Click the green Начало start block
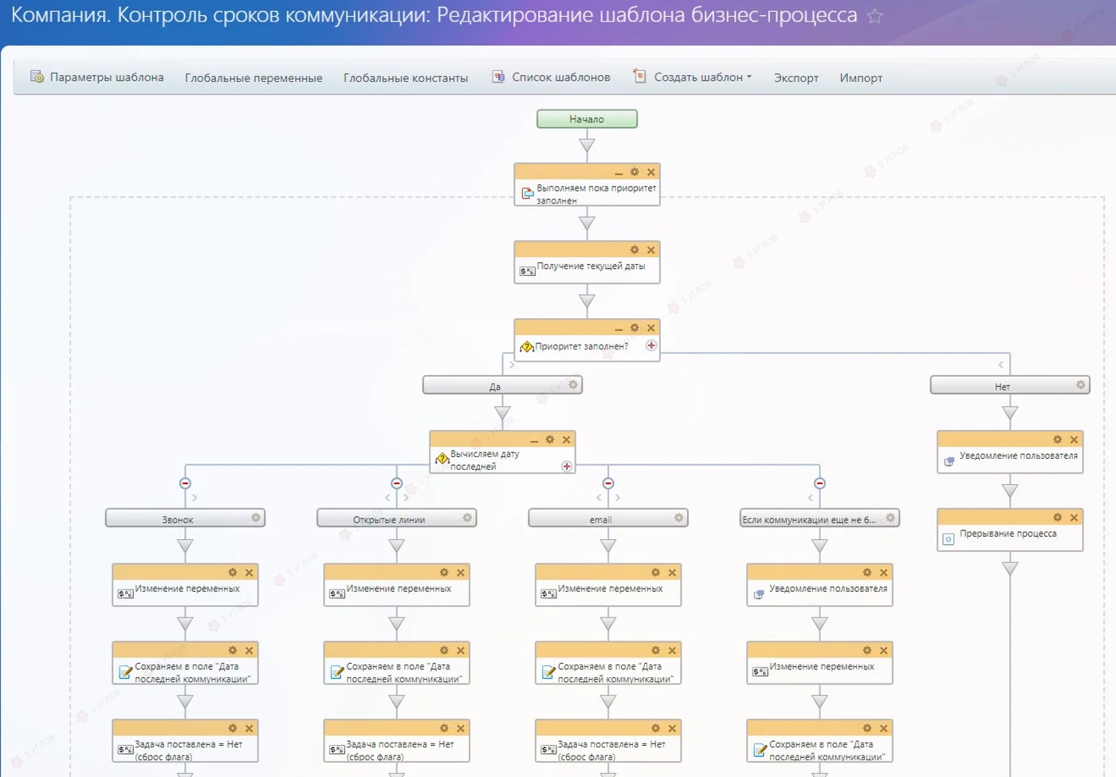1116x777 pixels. [x=587, y=119]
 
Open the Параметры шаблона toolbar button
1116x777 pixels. [x=97, y=77]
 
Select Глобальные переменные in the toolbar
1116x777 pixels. [x=253, y=78]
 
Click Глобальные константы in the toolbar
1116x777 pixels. [x=406, y=78]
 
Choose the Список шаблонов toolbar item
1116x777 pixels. [x=551, y=77]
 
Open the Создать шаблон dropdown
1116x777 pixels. [x=692, y=77]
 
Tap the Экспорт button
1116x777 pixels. [x=796, y=78]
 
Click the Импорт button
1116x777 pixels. [x=860, y=78]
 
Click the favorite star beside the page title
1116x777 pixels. [x=875, y=16]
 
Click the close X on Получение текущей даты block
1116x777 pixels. [x=650, y=250]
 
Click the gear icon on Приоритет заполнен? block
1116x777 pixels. [x=635, y=328]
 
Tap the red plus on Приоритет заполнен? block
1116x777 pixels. [x=650, y=345]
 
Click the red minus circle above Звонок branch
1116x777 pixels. [x=185, y=483]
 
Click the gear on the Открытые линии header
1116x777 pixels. [x=467, y=518]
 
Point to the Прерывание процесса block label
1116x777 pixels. [x=1008, y=533]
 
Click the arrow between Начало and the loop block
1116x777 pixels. [x=587, y=145]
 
